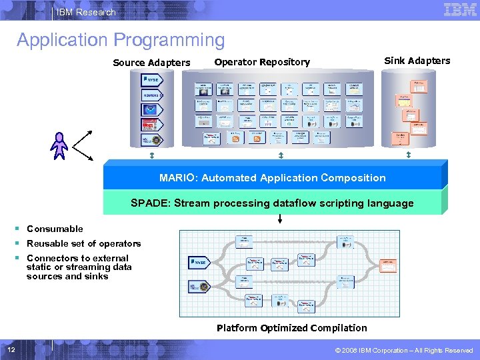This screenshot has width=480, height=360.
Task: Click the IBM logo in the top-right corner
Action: (460, 10)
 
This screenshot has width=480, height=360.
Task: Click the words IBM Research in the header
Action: (86, 12)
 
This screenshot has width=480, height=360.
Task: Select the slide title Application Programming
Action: (121, 40)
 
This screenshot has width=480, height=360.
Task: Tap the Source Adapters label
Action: (151, 63)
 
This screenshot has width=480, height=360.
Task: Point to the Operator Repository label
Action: (262, 62)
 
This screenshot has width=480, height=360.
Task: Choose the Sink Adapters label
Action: (417, 61)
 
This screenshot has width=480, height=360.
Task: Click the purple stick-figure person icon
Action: (60, 145)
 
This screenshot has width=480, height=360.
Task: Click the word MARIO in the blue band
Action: (175, 178)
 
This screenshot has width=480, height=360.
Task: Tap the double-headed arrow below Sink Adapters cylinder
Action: (408, 155)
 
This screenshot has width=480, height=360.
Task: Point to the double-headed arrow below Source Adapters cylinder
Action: (151, 155)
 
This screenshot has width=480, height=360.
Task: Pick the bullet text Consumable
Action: (55, 229)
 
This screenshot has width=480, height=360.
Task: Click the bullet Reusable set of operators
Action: (83, 243)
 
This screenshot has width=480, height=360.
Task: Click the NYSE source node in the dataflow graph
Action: (199, 263)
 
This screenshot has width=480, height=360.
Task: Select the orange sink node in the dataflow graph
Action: (387, 265)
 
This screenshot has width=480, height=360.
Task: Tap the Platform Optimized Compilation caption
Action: (291, 328)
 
